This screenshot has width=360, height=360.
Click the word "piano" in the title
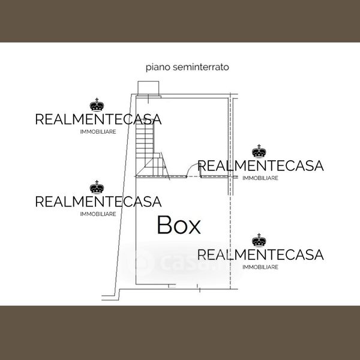click(x=157, y=67)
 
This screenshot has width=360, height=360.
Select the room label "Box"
click(x=178, y=225)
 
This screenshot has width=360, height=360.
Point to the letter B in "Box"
click(x=164, y=225)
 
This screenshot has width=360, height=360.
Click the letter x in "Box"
click(x=194, y=227)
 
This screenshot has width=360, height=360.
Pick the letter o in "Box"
click(x=180, y=227)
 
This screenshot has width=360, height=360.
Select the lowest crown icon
click(x=259, y=241)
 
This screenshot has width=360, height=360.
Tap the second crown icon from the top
click(x=259, y=151)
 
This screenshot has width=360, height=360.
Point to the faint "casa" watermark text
click(x=180, y=263)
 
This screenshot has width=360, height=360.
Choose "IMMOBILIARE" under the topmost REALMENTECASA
click(x=98, y=132)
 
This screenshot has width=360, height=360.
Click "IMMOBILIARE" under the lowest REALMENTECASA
click(x=260, y=267)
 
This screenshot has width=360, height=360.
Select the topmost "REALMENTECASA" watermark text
click(x=98, y=119)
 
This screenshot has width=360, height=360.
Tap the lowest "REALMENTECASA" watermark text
click(x=260, y=254)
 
